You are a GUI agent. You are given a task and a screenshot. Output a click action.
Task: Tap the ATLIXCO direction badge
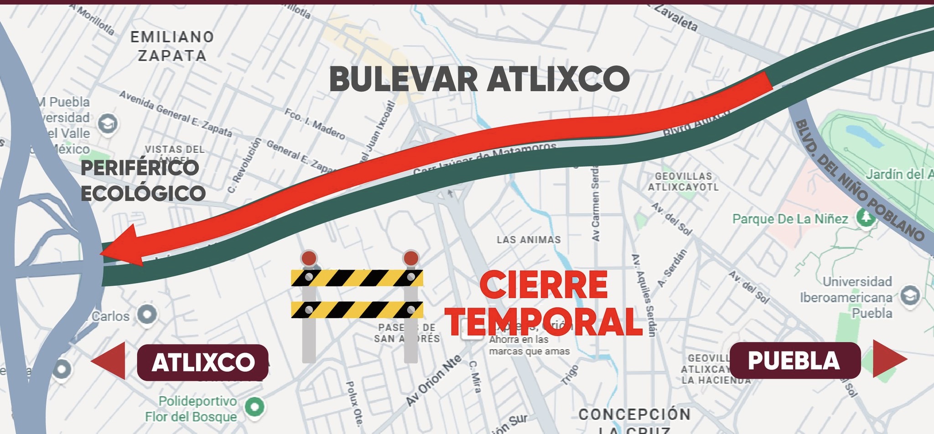pyautogui.click(x=202, y=362)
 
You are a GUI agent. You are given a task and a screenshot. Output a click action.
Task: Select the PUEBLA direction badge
pyautogui.click(x=794, y=360)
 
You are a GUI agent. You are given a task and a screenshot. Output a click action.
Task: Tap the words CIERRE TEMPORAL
pyautogui.click(x=544, y=303)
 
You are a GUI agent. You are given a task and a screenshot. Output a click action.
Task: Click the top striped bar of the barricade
pyautogui.click(x=357, y=278)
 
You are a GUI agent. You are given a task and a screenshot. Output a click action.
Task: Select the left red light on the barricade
pyautogui.click(x=309, y=258)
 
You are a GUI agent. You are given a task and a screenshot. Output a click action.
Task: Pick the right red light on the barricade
pyautogui.click(x=411, y=258)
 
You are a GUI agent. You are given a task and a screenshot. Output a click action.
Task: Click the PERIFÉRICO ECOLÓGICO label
pyautogui.click(x=143, y=181)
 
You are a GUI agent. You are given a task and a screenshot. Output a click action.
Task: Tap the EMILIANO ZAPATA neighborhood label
pyautogui.click(x=172, y=46)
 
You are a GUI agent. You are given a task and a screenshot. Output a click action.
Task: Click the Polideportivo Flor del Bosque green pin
pyautogui.click(x=254, y=406)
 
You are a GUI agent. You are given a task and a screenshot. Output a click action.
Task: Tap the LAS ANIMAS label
pyautogui.click(x=529, y=239)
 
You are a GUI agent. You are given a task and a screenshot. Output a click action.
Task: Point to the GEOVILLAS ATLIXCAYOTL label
pyautogui.click(x=683, y=181)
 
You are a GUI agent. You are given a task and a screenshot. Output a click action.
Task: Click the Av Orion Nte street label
pyautogui.click(x=433, y=380)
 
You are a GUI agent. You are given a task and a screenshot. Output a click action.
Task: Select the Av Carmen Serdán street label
pyautogui.click(x=596, y=203)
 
